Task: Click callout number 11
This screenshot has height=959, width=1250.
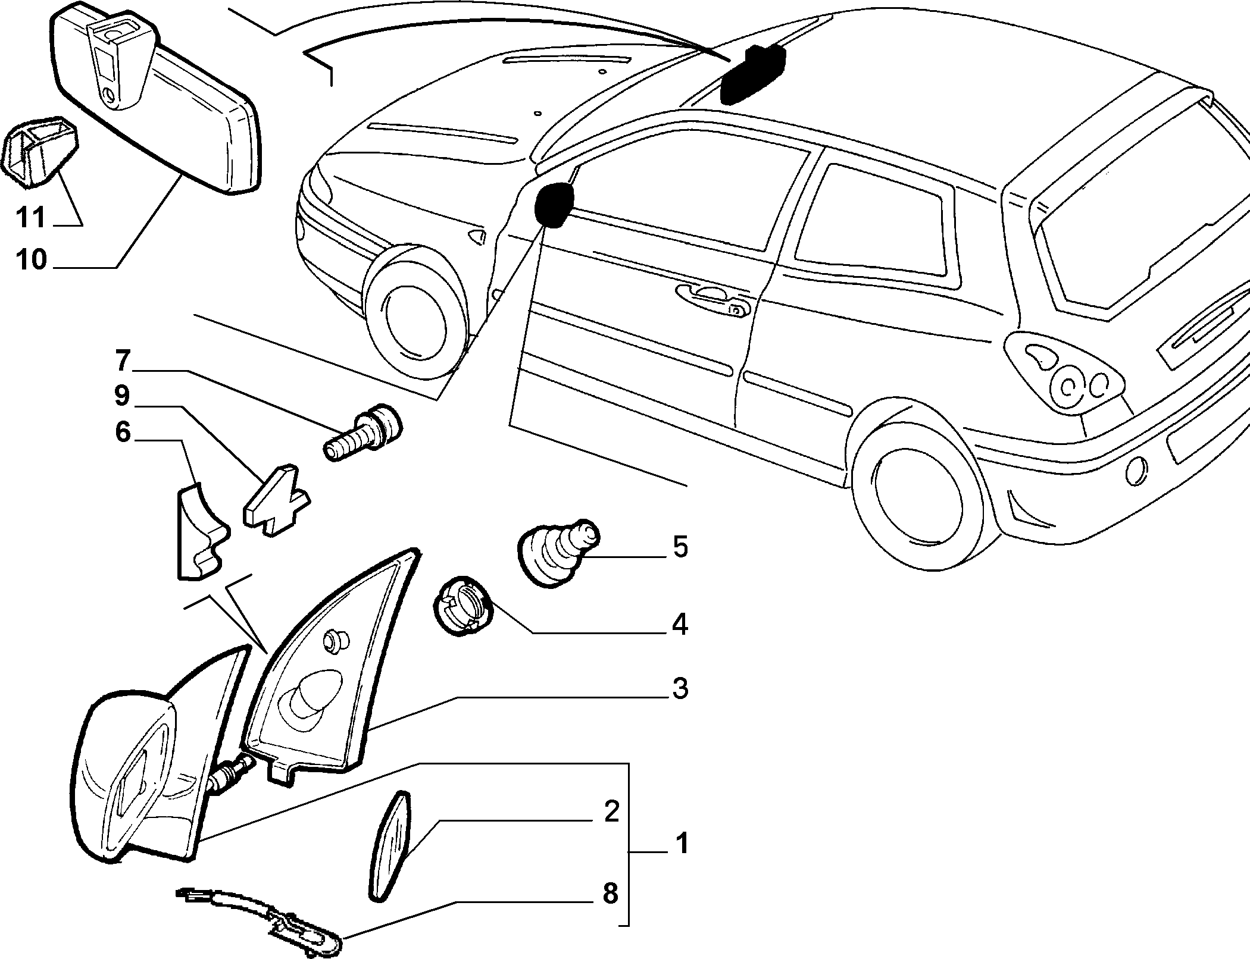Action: point(31,218)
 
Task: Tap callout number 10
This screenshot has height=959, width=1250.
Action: point(32,260)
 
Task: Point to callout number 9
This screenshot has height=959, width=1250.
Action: point(121,396)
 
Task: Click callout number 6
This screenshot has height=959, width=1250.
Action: point(122,433)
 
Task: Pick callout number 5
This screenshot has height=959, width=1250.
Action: point(680,547)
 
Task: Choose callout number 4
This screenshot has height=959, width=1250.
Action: point(680,625)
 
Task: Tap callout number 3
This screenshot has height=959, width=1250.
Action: point(680,688)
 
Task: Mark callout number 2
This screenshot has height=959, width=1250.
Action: point(611,812)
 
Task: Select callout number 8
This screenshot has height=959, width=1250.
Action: point(611,911)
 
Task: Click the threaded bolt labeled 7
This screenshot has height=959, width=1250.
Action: point(362,432)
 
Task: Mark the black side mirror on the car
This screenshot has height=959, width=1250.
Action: point(554,205)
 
